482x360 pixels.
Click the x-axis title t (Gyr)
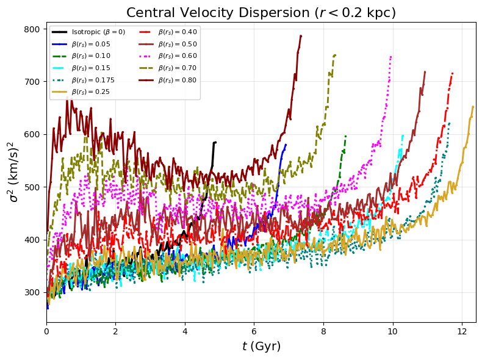pyautogui.click(x=261, y=347)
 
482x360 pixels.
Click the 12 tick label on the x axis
pyautogui.click(x=462, y=332)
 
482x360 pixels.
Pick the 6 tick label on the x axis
pyautogui.click(x=254, y=332)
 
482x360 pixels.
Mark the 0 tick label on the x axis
pyautogui.click(x=46, y=332)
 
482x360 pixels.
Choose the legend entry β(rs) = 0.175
pyautogui.click(x=91, y=80)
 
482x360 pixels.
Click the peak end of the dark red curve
pyautogui.click(x=301, y=35)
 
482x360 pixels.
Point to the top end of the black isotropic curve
pyautogui.click(x=215, y=142)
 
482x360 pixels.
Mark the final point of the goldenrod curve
pyautogui.click(x=473, y=107)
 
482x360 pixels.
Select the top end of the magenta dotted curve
pyautogui.click(x=390, y=57)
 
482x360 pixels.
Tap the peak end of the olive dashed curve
pyautogui.click(x=335, y=55)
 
